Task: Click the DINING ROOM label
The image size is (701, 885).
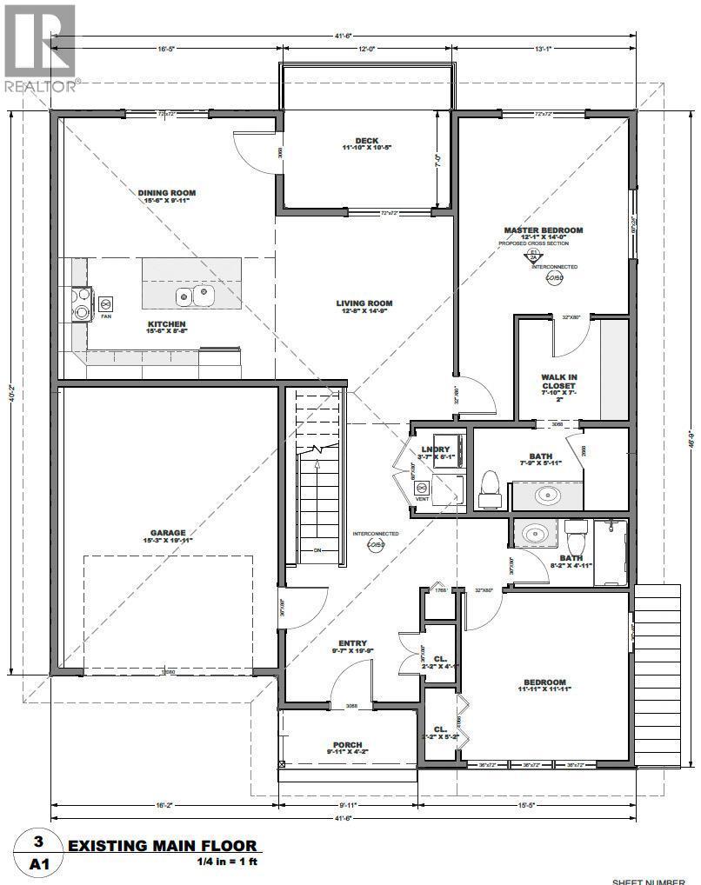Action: (x=166, y=193)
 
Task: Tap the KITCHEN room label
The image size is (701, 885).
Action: (x=166, y=324)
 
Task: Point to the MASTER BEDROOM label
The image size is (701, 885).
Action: (x=543, y=230)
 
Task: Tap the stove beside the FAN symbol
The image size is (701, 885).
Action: (x=81, y=303)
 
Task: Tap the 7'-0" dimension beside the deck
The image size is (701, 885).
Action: (x=439, y=160)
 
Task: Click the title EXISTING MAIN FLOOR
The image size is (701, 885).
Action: (x=163, y=845)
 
